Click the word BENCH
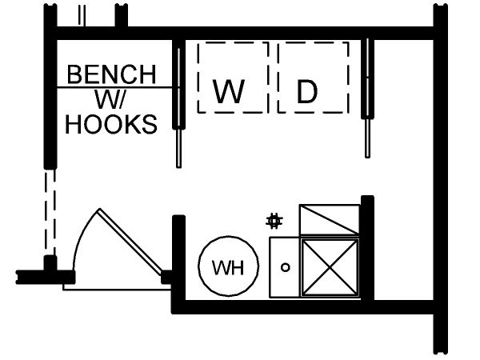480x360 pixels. pos(111,74)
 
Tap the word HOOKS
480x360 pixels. pos(111,125)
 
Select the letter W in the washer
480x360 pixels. pos(229,93)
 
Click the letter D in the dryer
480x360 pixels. pos(307,93)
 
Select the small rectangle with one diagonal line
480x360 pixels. pos(329,220)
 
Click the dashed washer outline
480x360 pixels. pos(232,76)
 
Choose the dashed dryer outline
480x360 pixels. pos(313,76)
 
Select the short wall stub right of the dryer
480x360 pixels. pos(368,80)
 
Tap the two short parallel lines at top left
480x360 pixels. pos(82,14)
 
